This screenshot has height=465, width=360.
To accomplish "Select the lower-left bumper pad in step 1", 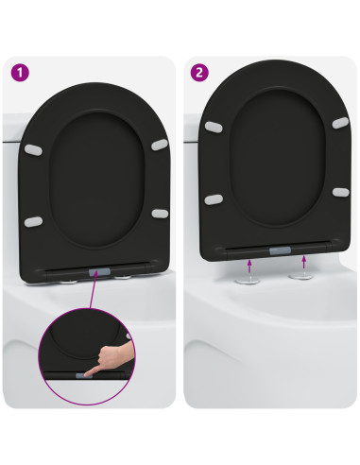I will (x=32, y=222).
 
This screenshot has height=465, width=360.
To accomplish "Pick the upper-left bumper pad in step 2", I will (x=214, y=126).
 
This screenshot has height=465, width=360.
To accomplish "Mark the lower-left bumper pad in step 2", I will (x=214, y=198).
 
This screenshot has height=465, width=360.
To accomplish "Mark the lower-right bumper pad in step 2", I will (x=340, y=192).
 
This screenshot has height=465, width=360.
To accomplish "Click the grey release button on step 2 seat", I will (x=281, y=250).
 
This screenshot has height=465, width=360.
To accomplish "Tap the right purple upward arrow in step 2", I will (x=303, y=260).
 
